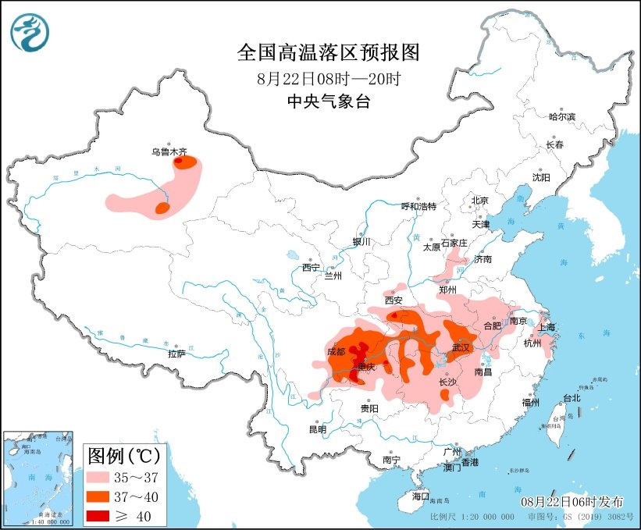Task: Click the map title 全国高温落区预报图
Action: [x=328, y=52]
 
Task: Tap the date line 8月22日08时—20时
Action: [x=328, y=78]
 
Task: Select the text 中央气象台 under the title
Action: [x=328, y=101]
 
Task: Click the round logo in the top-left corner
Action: [x=30, y=32]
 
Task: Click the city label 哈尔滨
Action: [x=561, y=116]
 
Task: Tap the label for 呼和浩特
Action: [x=418, y=206]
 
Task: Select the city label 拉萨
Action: [x=176, y=353]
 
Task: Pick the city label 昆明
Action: [x=317, y=429]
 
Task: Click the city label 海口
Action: [x=421, y=496]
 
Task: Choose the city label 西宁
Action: [x=311, y=268]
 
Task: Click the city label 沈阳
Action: [x=540, y=177]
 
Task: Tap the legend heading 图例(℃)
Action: [x=125, y=454]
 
